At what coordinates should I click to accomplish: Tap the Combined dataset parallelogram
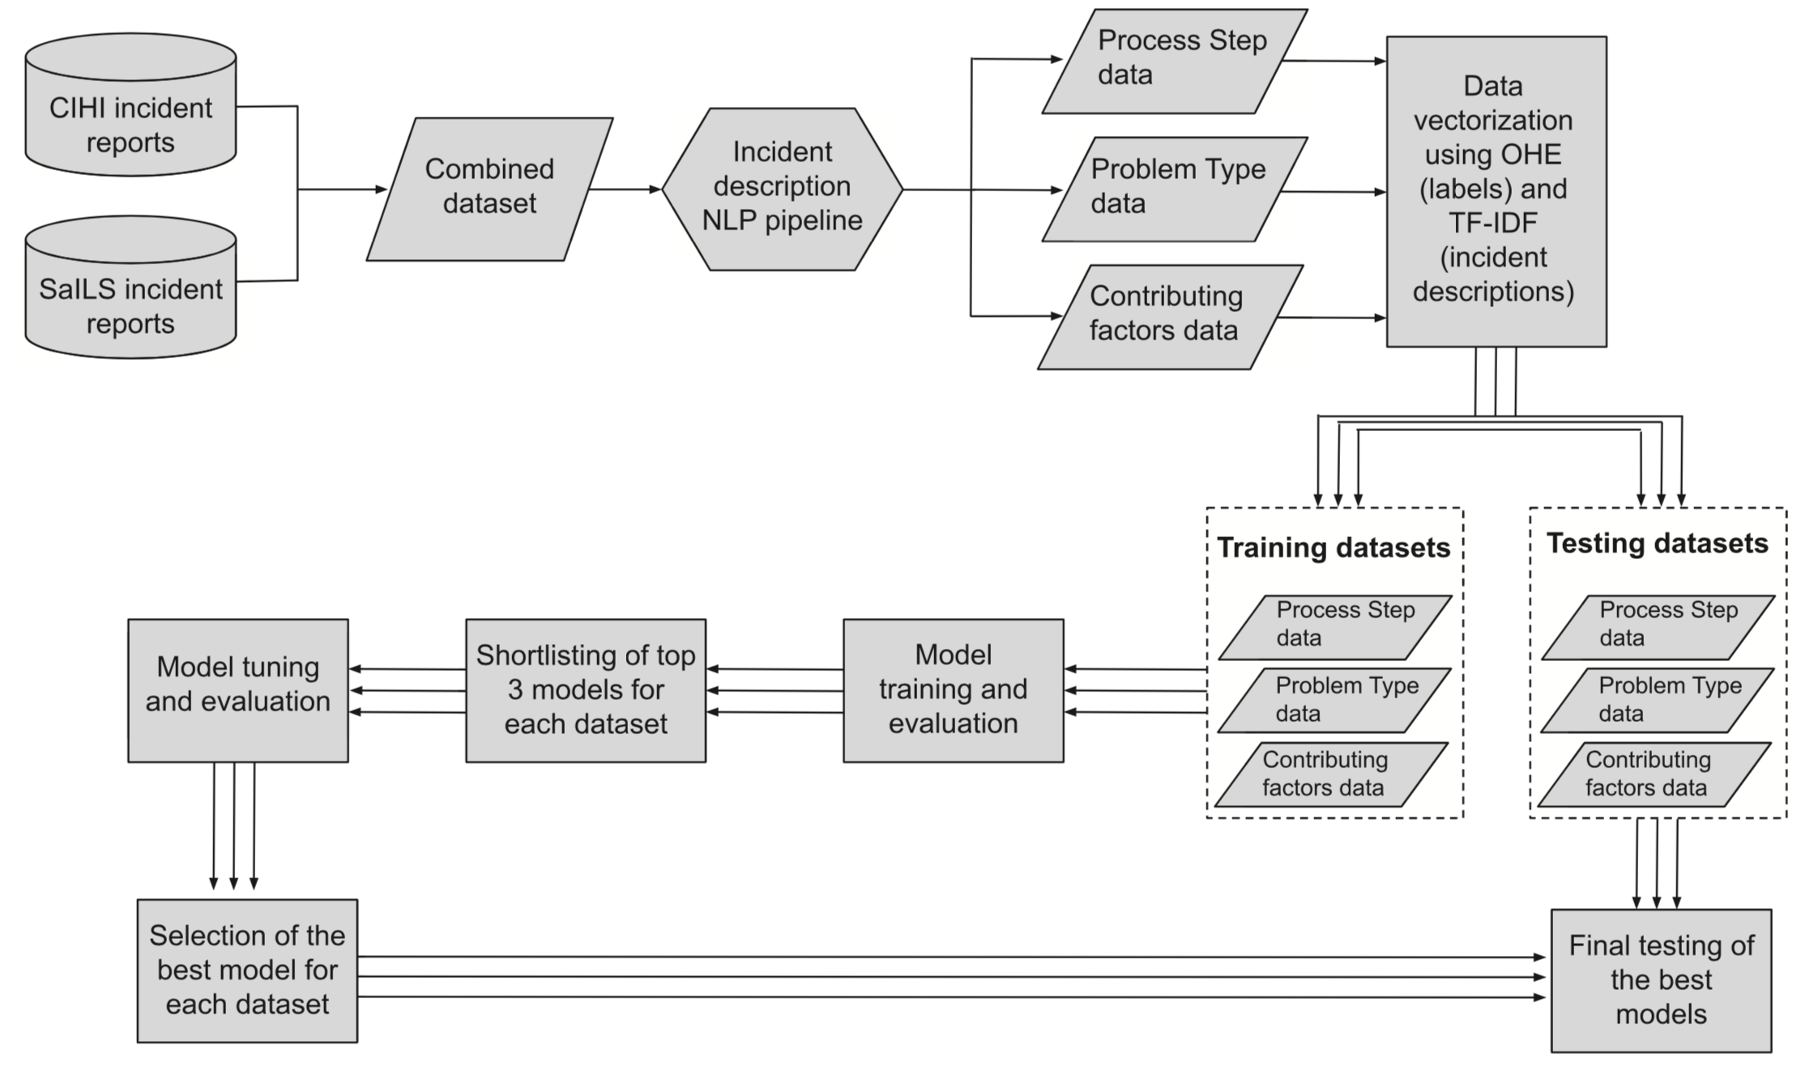click(489, 189)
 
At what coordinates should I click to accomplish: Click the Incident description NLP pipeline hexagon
click(782, 189)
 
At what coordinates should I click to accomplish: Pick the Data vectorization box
click(1496, 191)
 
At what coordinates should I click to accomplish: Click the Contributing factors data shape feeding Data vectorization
click(1169, 317)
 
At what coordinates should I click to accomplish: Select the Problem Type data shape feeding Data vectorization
click(1174, 189)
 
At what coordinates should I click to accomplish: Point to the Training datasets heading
click(1334, 548)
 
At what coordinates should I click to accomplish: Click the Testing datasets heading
click(1657, 544)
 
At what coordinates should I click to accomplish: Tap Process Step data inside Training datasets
click(1334, 627)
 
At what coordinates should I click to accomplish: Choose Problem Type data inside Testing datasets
click(1657, 700)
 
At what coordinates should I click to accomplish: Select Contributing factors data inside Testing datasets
click(1654, 774)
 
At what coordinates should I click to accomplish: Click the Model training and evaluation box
click(953, 690)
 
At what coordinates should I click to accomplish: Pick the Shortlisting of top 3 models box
click(585, 690)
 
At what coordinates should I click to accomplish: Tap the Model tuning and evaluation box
click(237, 690)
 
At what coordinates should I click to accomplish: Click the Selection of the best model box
click(247, 970)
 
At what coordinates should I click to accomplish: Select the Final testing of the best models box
click(1661, 980)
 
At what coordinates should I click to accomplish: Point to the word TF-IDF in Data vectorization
click(1492, 223)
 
